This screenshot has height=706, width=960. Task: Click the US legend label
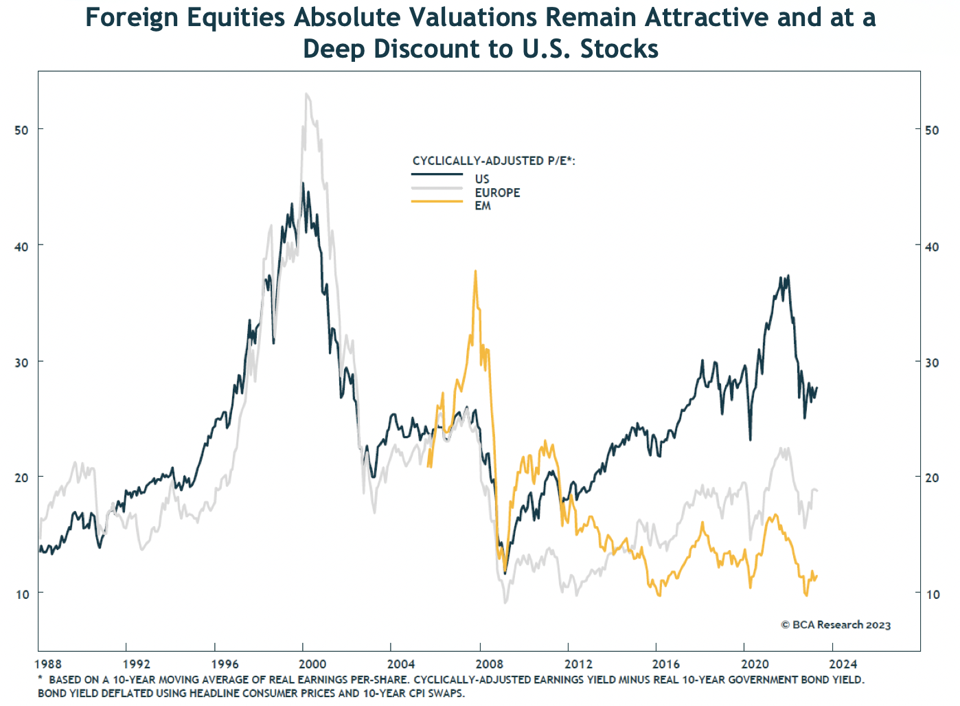point(481,179)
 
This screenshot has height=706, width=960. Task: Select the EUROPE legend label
point(497,192)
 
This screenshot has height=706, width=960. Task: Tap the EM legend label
point(483,205)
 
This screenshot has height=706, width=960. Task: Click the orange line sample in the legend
point(437,201)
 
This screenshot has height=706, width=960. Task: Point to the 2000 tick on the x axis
point(312,663)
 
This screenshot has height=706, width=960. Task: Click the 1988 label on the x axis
point(48,663)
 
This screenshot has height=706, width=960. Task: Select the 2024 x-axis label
point(843,663)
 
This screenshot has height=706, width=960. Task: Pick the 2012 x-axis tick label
point(578,663)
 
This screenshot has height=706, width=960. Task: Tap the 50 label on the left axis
point(22,129)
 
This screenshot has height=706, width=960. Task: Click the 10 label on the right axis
point(933,594)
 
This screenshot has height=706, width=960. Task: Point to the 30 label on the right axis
point(933,362)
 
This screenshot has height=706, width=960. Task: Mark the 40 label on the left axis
point(22,245)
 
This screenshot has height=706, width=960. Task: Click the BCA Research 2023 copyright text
point(836,625)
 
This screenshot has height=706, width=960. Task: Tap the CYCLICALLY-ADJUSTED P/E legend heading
point(494,161)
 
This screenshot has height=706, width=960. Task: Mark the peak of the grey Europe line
point(306,94)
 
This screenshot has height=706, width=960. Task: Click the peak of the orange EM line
point(475,271)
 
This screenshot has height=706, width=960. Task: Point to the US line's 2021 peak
point(788,275)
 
